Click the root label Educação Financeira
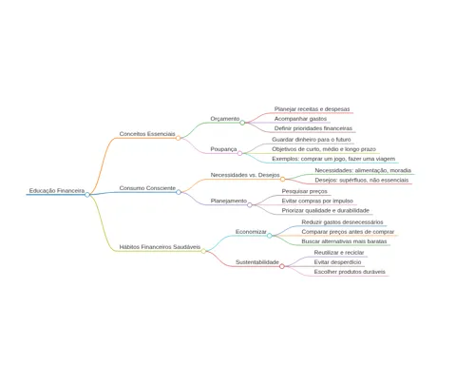pos(57,191)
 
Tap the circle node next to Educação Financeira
pos(87,195)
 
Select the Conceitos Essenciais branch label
pos(147,134)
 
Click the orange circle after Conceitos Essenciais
pos(179,138)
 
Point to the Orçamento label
pos(225,119)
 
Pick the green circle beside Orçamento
pos(242,123)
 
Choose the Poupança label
pos(223,149)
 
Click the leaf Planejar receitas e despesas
pos(312,109)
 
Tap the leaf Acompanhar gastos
pos(300,119)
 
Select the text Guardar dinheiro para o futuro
pos(312,140)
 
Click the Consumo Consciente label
pos(147,188)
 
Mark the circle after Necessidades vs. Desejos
pos(282,180)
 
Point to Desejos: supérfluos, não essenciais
pos(362,180)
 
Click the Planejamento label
pos(229,201)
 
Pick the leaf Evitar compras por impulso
pos(317,201)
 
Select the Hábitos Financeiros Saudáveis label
pos(160,247)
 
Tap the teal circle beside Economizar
pos(270,236)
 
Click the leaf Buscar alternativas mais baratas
pos(344,241)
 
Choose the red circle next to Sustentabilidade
pos(282,266)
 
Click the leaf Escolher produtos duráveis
pos(350,272)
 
